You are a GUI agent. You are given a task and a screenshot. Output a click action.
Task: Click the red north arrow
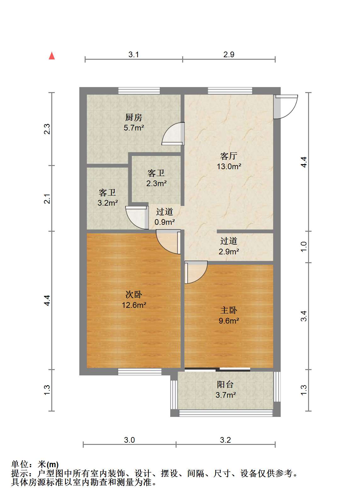tap(52, 56)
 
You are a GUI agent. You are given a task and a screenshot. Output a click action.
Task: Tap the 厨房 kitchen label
tap(134, 117)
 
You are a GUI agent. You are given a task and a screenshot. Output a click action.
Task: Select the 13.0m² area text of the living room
tap(229, 166)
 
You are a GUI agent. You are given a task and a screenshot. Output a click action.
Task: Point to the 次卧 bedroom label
tap(134, 294)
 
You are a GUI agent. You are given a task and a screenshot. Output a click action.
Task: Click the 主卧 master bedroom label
tap(229, 310)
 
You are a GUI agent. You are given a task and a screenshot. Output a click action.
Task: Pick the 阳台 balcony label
tap(225, 384)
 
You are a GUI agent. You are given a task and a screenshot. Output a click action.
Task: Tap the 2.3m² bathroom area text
tap(156, 183)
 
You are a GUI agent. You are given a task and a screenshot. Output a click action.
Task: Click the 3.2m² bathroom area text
tap(108, 203)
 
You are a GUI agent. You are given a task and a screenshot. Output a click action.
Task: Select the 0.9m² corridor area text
tap(165, 222)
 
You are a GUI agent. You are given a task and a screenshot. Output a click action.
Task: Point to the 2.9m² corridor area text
tap(229, 251)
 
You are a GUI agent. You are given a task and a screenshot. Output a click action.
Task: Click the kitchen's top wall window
tap(139, 91)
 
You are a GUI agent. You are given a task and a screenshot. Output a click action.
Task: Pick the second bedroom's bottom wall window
tap(140, 372)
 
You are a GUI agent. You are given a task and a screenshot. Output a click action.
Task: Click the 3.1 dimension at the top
tap(133, 54)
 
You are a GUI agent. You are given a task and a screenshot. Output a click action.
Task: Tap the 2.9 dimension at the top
tap(229, 54)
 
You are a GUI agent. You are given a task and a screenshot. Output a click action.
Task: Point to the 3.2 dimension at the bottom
tap(225, 440)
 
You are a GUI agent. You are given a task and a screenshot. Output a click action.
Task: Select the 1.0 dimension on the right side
tap(303, 247)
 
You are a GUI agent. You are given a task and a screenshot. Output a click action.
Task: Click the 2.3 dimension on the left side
tap(47, 129)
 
